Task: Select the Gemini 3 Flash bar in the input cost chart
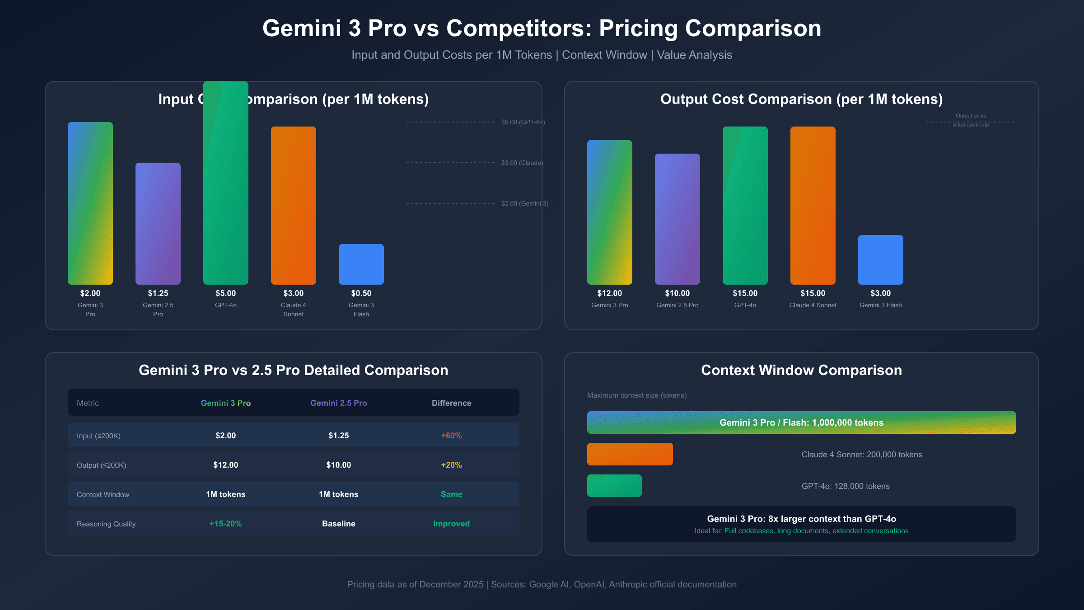[361, 264]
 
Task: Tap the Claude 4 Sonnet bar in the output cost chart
[813, 206]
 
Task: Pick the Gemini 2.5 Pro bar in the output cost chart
[677, 219]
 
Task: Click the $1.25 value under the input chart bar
[158, 293]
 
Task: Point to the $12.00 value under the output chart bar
[610, 293]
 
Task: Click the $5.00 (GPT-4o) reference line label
[523, 122]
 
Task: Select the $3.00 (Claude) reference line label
[522, 163]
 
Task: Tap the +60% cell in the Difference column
[451, 436]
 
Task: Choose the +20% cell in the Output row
[451, 465]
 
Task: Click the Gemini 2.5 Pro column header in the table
[338, 403]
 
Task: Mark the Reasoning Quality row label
[106, 524]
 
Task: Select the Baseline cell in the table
[338, 524]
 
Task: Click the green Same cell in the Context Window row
[451, 494]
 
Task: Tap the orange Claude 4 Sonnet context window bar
[630, 454]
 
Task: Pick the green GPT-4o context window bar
[614, 486]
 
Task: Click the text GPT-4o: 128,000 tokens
[846, 486]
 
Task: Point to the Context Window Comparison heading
[801, 370]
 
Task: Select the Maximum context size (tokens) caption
[637, 395]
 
